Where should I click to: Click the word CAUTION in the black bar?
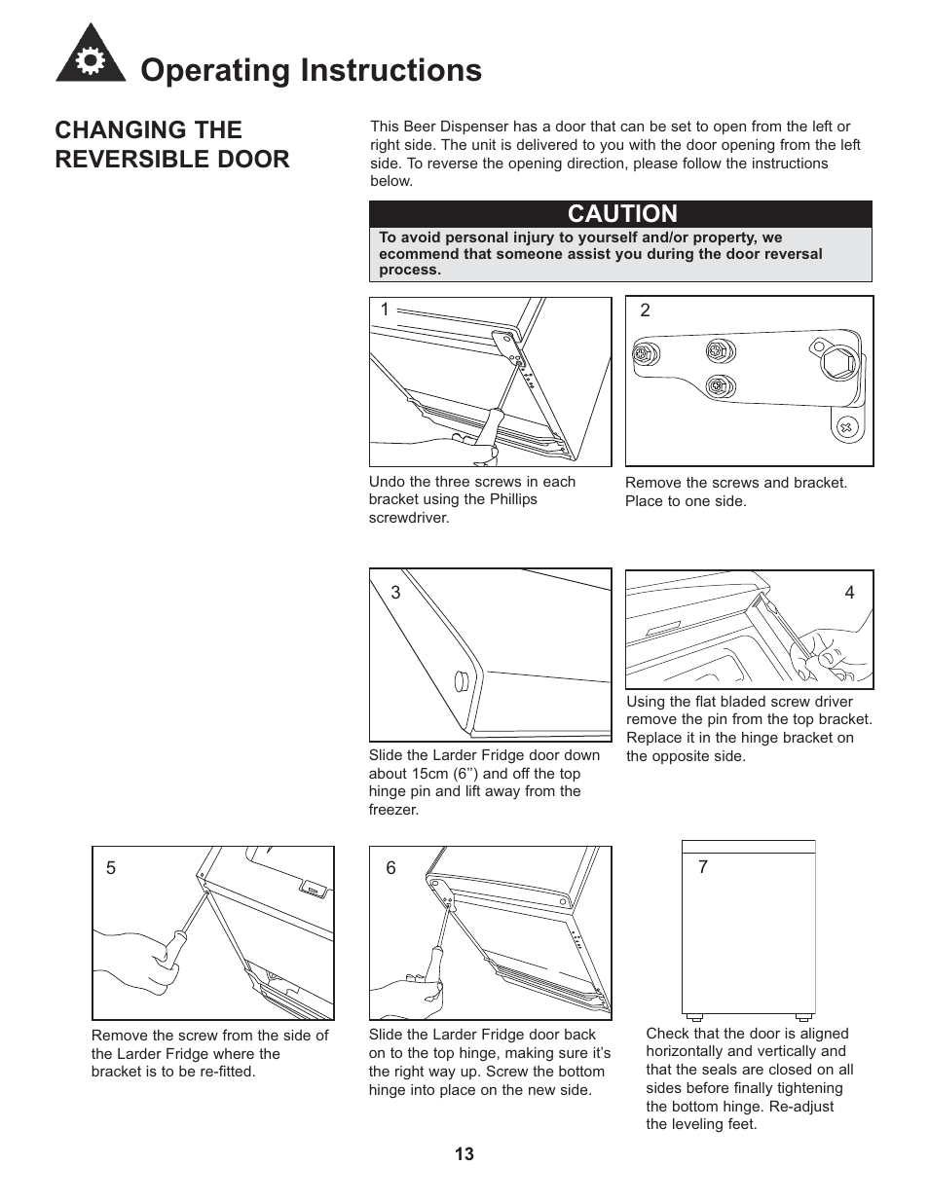coord(622,214)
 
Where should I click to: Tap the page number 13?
coord(464,1154)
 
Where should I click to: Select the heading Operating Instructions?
coord(311,70)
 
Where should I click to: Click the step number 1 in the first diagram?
coord(385,310)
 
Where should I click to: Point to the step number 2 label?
coord(645,310)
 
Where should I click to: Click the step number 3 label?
coord(395,593)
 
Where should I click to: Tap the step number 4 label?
coord(849,593)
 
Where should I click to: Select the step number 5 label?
coord(111,868)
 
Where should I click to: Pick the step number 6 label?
coord(390,868)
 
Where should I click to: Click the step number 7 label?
coord(703,867)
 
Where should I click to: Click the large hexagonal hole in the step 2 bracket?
coord(838,365)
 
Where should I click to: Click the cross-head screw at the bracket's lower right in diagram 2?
coord(846,426)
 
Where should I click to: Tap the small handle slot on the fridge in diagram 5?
coord(314,888)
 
